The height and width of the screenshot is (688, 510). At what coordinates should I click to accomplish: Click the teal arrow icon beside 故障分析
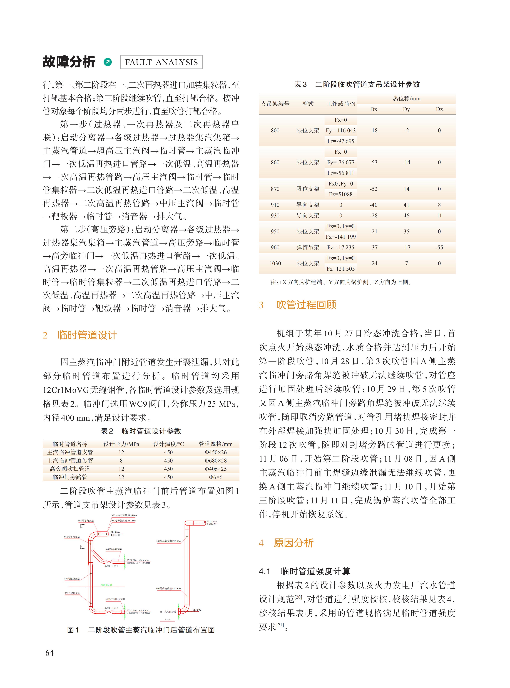coord(108,62)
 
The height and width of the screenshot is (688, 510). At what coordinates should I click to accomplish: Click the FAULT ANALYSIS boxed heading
coord(161,62)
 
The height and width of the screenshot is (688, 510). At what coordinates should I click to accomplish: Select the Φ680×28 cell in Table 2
coord(216,461)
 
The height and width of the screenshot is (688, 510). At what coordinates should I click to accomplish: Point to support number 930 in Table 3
coord(275,215)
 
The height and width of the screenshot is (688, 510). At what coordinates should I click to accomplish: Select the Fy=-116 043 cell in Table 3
coord(341,130)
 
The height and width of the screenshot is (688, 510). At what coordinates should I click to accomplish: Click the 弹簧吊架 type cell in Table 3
coord(308,247)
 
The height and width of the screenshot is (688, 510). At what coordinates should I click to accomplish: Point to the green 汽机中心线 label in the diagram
coord(107,585)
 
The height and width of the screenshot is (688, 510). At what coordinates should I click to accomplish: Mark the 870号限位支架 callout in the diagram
coord(72,579)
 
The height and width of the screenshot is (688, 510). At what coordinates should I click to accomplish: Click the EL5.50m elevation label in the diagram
coord(197,610)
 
